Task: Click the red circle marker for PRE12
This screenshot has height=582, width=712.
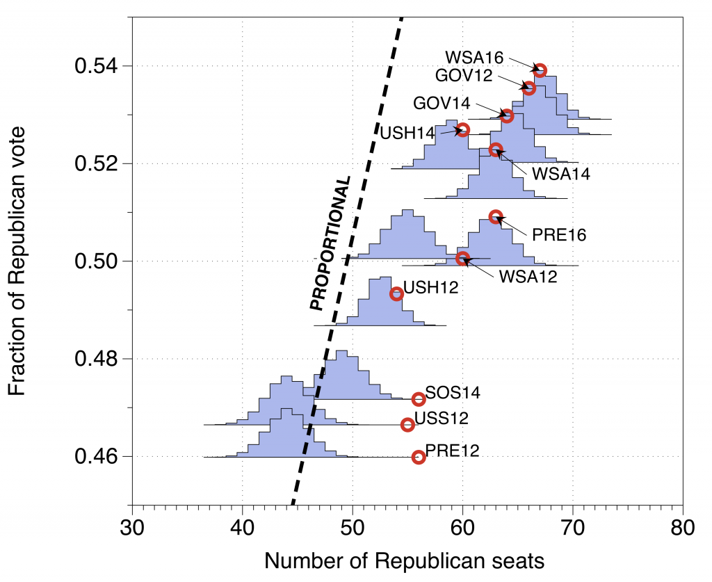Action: tap(419, 457)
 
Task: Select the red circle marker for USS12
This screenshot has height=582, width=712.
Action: tap(408, 424)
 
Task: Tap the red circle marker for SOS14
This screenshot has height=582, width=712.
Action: tap(419, 399)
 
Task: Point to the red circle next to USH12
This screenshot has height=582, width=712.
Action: tap(396, 293)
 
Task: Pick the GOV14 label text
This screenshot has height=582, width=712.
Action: tap(442, 104)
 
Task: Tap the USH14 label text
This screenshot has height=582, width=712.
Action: tap(407, 131)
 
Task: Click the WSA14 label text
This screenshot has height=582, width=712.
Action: tap(560, 174)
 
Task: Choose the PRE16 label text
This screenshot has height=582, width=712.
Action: tap(559, 235)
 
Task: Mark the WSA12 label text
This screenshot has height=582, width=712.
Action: tap(528, 276)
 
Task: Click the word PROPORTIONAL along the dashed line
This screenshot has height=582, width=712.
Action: tap(330, 243)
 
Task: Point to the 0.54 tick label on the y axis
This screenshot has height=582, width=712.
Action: tap(95, 67)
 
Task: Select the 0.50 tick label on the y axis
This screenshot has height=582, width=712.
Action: tap(95, 261)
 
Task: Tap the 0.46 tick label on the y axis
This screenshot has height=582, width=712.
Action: tap(95, 457)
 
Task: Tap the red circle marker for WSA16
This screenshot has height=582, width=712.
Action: tap(540, 70)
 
